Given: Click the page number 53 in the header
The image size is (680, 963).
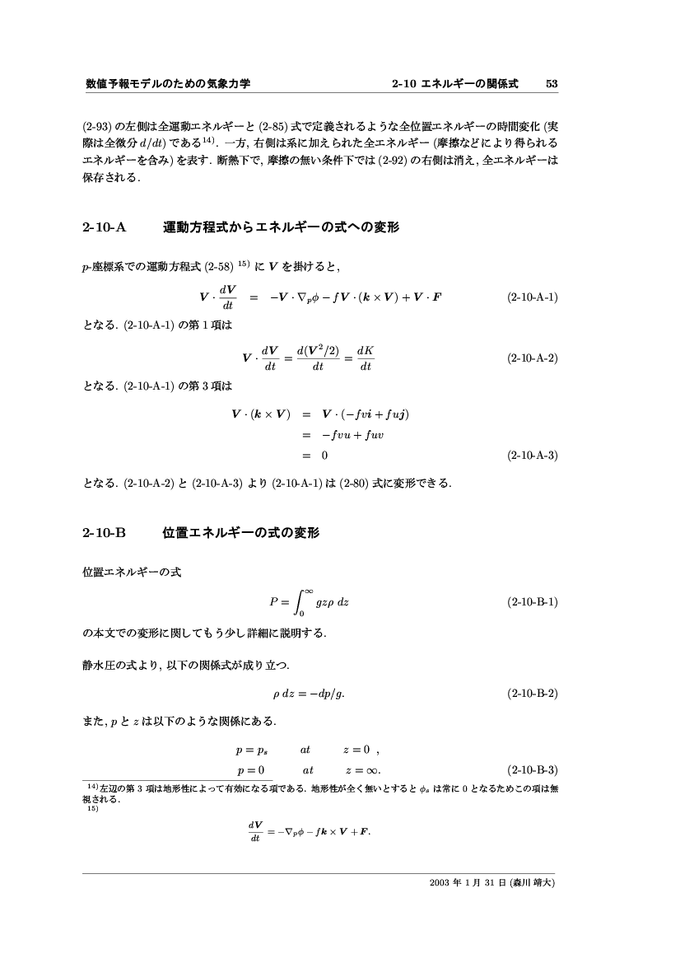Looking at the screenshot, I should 552,84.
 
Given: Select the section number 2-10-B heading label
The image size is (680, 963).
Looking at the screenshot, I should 104,534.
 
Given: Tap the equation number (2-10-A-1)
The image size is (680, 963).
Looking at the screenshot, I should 533,297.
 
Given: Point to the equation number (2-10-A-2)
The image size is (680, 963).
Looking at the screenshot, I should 533,358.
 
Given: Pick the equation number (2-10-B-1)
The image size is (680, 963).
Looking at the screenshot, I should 533,601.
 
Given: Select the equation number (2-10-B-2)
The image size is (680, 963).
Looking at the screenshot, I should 533,693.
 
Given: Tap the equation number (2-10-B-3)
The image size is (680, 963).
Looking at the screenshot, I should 533,771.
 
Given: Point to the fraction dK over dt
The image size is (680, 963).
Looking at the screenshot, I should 366,358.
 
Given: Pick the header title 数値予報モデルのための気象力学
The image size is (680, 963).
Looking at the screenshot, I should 167,84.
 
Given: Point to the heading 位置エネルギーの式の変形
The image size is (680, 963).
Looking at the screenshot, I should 240,534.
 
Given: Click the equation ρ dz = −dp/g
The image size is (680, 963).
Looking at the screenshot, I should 308,693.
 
